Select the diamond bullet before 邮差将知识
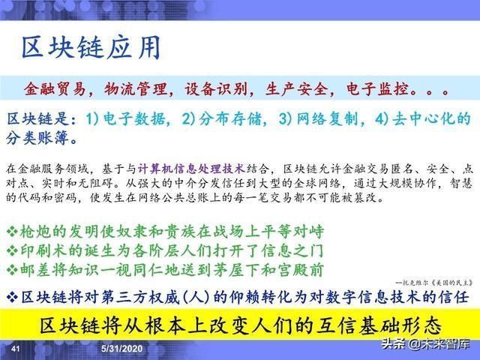(11, 268)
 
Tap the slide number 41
(16, 350)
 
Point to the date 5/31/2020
(123, 350)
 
